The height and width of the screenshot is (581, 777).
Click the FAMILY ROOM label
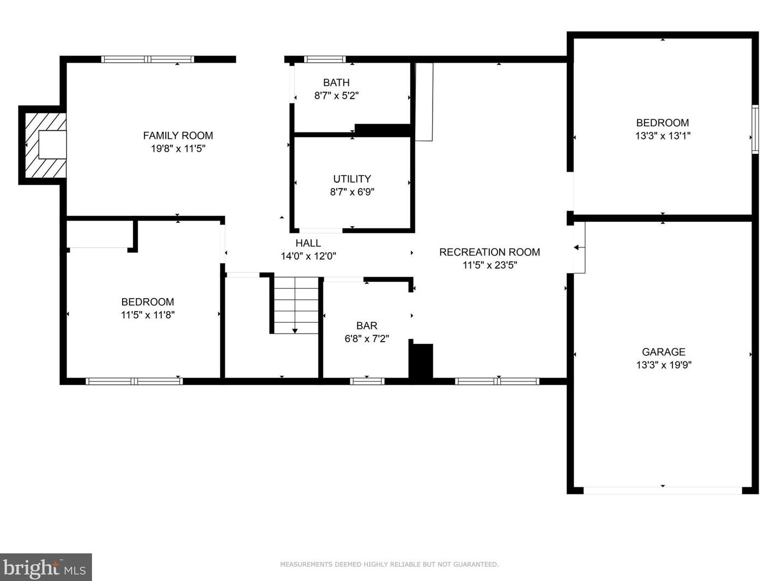click(178, 136)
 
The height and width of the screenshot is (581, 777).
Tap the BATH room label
click(336, 82)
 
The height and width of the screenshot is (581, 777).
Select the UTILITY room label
click(352, 179)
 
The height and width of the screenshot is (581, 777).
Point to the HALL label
click(308, 243)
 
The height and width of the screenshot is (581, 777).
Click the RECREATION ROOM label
click(489, 252)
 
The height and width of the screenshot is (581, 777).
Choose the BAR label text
click(367, 326)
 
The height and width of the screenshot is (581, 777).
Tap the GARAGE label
click(664, 352)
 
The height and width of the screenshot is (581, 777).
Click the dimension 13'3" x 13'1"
click(663, 136)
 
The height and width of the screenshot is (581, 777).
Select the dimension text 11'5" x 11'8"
click(148, 314)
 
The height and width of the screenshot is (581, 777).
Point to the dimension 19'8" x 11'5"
click(178, 148)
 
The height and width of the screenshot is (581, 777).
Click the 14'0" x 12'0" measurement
click(308, 256)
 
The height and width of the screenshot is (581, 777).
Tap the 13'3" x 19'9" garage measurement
click(664, 365)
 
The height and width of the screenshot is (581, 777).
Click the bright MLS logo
click(46, 567)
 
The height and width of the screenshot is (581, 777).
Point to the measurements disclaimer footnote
click(390, 564)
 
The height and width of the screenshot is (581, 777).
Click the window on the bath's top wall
click(325, 59)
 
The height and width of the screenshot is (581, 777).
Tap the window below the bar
click(367, 382)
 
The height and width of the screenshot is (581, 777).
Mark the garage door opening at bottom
click(663, 491)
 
